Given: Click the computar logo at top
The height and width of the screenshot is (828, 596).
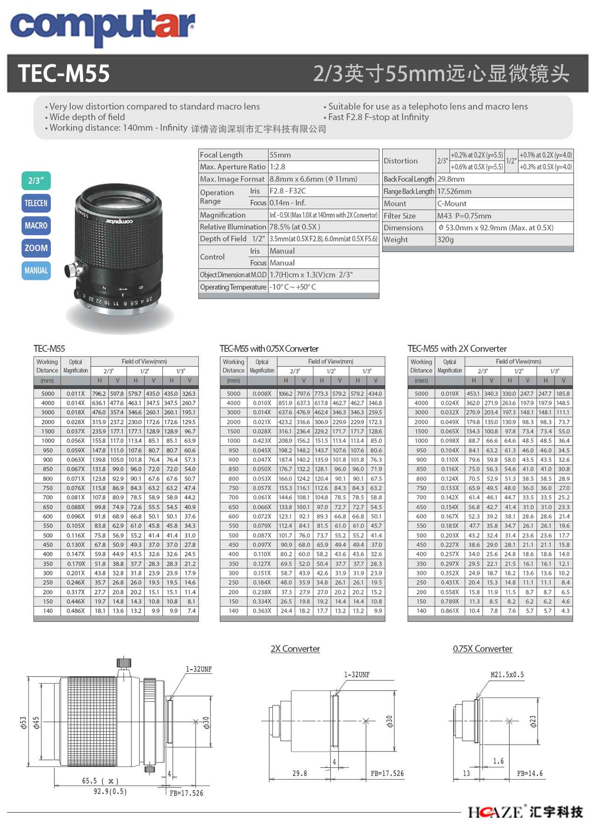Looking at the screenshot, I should click(x=102, y=26).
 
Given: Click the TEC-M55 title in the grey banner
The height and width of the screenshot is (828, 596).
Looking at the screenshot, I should click(x=64, y=74).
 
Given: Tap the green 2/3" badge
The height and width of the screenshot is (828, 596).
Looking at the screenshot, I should click(x=36, y=181).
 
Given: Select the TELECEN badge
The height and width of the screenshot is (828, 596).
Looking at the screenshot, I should click(x=36, y=203).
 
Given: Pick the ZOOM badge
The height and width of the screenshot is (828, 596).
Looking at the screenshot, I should click(x=36, y=248).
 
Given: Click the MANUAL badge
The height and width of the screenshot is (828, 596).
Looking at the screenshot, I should click(x=36, y=271).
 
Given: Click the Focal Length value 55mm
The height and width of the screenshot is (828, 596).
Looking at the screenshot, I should click(x=280, y=155).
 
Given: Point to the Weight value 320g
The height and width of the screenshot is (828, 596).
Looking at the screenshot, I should click(x=445, y=240).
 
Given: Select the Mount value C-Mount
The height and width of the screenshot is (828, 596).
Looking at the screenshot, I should click(x=452, y=204).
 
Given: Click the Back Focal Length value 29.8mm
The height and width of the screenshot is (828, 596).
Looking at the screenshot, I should click(x=451, y=179).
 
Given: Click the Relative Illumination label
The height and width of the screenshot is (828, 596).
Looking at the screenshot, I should click(x=233, y=227).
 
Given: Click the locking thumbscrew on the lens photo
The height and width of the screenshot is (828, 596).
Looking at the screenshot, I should click(x=72, y=269).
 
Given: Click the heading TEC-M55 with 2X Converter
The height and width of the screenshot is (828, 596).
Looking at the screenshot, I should click(x=457, y=349).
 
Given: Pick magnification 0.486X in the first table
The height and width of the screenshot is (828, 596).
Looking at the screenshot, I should click(x=75, y=610).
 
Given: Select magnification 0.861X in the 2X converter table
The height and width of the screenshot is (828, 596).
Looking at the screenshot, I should click(x=449, y=610).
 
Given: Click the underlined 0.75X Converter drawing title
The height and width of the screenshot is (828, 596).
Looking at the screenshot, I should click(x=482, y=649).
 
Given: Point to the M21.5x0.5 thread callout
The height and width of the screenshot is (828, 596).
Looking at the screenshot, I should click(x=507, y=675).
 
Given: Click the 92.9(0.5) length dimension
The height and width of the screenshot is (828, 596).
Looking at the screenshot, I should click(x=110, y=791).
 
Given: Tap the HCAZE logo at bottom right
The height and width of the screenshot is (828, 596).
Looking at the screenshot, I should click(x=525, y=812).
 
